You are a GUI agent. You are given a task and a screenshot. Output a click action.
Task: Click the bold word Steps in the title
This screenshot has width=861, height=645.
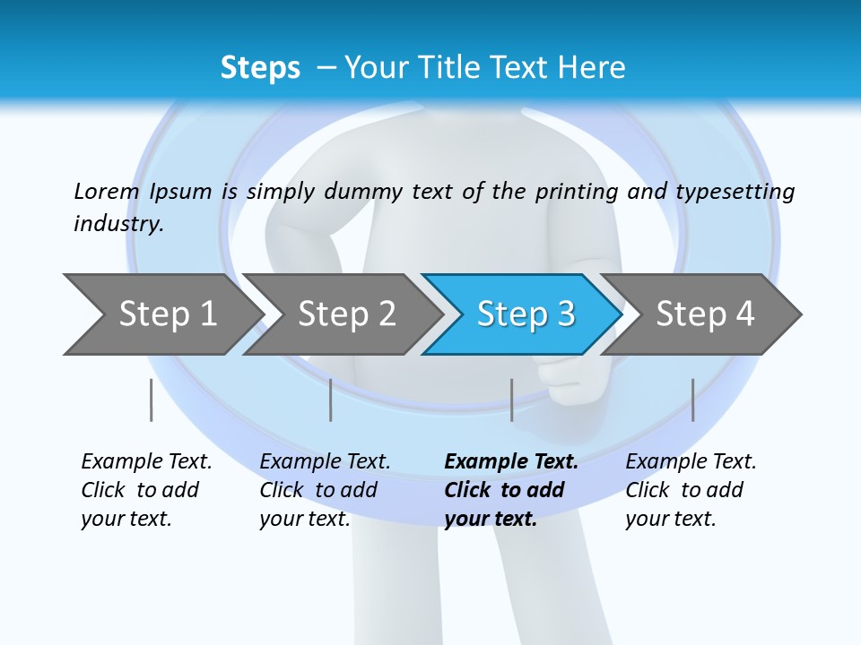260,68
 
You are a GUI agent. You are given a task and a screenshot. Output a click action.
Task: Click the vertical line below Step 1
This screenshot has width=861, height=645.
152,400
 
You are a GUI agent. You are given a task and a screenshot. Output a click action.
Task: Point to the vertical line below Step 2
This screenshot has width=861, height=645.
331,400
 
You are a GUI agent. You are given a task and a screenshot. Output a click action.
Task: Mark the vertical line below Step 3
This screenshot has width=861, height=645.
511,400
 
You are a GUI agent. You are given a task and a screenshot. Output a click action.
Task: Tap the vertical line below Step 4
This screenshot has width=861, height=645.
692,400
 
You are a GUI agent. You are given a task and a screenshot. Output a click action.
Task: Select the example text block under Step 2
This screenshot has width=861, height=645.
324,490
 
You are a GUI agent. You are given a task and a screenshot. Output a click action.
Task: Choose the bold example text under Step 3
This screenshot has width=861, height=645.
510,490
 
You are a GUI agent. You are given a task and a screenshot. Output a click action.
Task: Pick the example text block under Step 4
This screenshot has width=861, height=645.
690,490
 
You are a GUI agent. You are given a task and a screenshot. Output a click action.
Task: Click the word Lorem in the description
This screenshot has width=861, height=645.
107,191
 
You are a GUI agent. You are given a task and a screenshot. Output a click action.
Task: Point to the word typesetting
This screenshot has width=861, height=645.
735,193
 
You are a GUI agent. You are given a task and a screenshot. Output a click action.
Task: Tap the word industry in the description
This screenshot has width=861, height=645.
118,224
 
